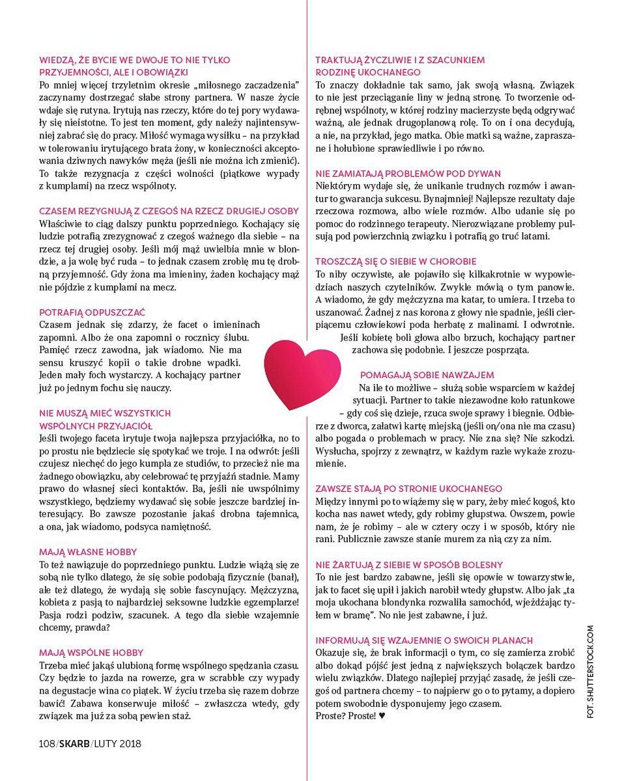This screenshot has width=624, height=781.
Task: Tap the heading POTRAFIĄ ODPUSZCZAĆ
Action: tap(92, 312)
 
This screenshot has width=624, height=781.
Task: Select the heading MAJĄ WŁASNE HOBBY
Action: tap(87, 552)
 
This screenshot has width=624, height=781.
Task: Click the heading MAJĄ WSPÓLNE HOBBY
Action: tap(91, 652)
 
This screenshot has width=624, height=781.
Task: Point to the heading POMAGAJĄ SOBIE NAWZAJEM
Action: tap(427, 375)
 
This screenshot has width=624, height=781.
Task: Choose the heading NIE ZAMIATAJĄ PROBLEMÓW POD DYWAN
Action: tap(408, 173)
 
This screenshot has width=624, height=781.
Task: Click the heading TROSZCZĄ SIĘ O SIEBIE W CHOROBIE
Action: tap(395, 261)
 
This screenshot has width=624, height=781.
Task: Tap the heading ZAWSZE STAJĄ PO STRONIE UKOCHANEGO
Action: tap(408, 488)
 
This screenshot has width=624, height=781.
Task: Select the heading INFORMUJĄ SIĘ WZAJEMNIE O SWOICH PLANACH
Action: tap(424, 640)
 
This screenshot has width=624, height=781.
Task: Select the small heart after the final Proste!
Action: tap(382, 716)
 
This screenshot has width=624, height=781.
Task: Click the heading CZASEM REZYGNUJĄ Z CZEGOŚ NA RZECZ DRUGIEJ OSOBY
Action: tap(169, 211)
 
